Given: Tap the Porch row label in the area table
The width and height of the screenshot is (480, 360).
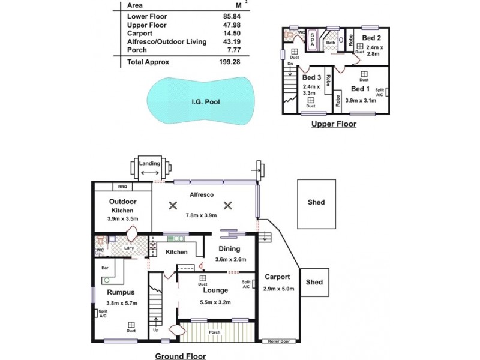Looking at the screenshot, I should point(137,50).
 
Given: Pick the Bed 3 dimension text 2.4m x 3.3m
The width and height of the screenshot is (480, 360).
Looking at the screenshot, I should point(311,90).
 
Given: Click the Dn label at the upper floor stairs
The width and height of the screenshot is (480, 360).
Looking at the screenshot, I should point(290,64).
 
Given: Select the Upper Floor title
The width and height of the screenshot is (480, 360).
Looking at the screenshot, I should point(333,124).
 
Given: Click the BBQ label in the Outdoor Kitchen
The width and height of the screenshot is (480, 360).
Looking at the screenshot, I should point(122,187).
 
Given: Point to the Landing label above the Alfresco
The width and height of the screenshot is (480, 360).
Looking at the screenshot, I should point(149,163).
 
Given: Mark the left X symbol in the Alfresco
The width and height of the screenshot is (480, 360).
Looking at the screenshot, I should point(173,205).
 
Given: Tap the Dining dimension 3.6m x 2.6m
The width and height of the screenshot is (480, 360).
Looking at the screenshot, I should point(229,259).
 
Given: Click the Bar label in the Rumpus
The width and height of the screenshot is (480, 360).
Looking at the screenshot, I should point(104,268).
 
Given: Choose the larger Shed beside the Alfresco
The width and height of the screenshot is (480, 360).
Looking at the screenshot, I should point(316,202).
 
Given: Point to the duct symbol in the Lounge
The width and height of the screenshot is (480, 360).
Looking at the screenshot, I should point(203,278).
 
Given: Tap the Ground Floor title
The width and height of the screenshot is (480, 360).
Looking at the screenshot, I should point(180,356).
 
